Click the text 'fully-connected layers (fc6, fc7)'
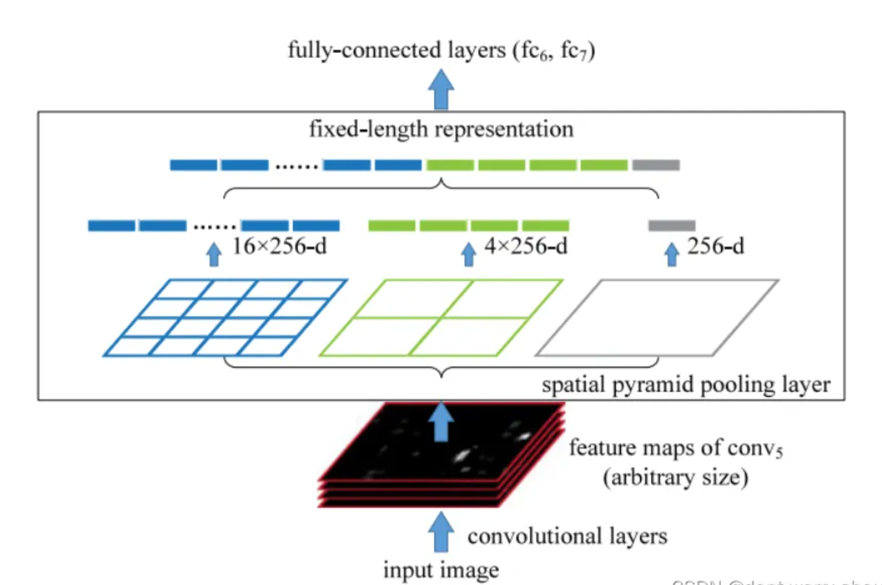coord(441,50)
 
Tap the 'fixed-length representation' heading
coord(441,129)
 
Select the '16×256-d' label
coord(279,246)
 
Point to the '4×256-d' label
coord(526,246)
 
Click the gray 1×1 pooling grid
coord(657,318)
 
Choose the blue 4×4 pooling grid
coord(225,318)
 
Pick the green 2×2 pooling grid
coord(441,318)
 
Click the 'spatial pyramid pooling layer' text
coord(686,384)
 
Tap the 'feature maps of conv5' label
coord(676,448)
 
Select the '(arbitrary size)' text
coord(676,478)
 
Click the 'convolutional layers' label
coord(567,536)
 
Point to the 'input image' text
coord(441,569)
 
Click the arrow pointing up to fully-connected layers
coord(441,89)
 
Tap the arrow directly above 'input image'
coord(441,532)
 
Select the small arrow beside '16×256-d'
coord(214,254)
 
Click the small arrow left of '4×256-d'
coord(468,254)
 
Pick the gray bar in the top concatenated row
coord(656,165)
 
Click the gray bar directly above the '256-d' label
coord(672,226)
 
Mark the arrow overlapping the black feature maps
coord(442,421)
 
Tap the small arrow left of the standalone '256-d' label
coord(672,254)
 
